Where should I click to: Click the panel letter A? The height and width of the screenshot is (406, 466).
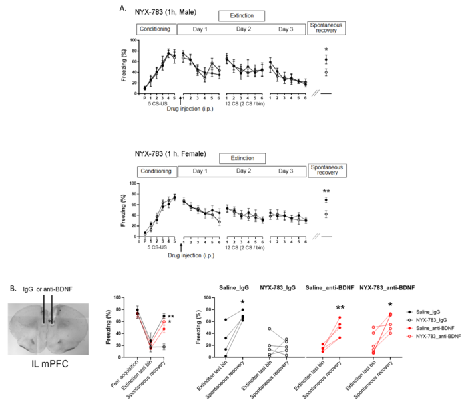pyautogui.click(x=122, y=7)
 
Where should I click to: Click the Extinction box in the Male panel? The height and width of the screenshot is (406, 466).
pyautogui.click(x=241, y=15)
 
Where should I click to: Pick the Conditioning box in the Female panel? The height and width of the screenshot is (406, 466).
pyautogui.click(x=157, y=172)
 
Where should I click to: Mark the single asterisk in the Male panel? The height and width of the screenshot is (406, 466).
pyautogui.click(x=326, y=50)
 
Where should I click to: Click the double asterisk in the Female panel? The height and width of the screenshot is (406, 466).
pyautogui.click(x=326, y=192)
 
